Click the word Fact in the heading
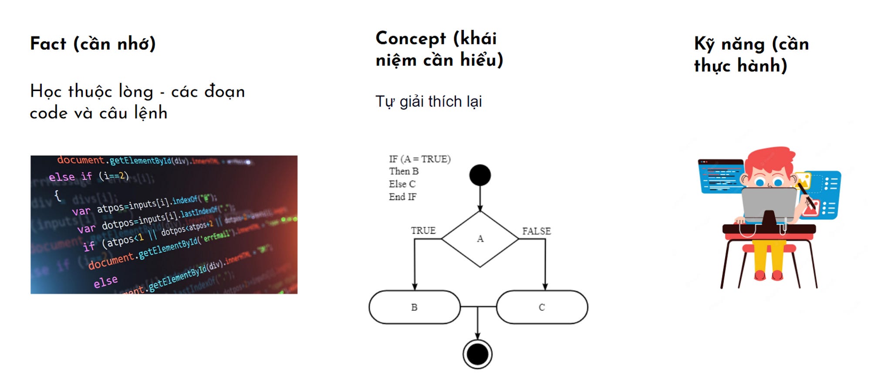48,44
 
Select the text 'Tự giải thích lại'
429,101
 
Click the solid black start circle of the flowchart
480,175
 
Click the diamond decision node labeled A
480,239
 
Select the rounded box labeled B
414,307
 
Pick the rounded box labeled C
542,307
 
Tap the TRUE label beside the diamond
423,230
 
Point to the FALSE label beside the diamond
537,231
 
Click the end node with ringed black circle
478,354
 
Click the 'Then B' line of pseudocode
404,172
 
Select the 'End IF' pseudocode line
402,197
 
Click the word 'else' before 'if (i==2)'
62,177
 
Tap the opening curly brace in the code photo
57,195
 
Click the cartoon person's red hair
771,158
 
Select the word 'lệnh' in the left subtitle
151,113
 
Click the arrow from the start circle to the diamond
480,198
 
